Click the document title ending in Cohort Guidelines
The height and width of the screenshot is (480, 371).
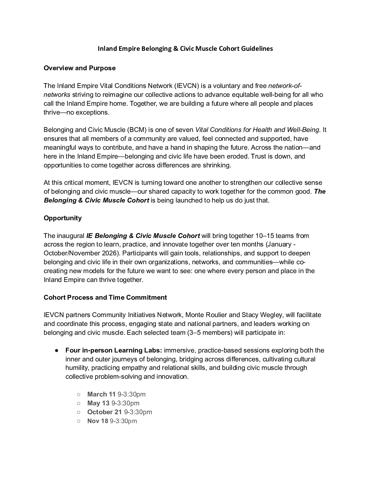[185, 48]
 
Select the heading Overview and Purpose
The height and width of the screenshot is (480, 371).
[79, 68]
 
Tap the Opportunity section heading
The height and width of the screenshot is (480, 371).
[62, 218]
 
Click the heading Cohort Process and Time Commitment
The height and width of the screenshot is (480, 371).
[105, 297]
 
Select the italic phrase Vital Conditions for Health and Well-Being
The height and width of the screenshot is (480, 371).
[257, 130]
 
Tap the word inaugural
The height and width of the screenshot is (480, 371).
[70, 236]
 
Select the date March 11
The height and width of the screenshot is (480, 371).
[101, 394]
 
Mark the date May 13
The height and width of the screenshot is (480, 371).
[98, 403]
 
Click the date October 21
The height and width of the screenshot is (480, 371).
[104, 412]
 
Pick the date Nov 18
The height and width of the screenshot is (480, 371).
[98, 421]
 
